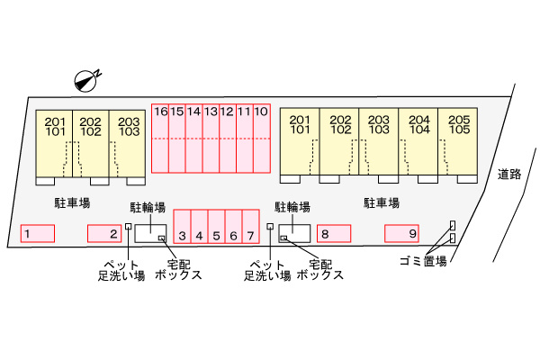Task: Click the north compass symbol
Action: (x=85, y=81)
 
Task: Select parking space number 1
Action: (x=38, y=234)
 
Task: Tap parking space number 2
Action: (x=104, y=234)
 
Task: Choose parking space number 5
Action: (x=216, y=227)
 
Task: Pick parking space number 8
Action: (x=334, y=234)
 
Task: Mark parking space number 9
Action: (x=401, y=234)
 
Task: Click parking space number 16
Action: (x=160, y=138)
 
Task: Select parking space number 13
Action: (x=211, y=138)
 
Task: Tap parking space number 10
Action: (x=262, y=138)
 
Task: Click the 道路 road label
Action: (x=509, y=175)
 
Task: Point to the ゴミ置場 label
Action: (x=423, y=261)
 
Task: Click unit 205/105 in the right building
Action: (x=458, y=141)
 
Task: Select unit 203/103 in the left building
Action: (x=127, y=144)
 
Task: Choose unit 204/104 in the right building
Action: (x=418, y=141)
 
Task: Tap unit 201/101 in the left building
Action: (x=54, y=144)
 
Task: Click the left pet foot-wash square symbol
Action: (x=128, y=226)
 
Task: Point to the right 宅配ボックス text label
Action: (x=319, y=270)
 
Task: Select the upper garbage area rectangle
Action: (x=453, y=225)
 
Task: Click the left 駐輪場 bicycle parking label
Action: (x=148, y=207)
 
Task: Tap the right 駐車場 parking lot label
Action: (x=382, y=202)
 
